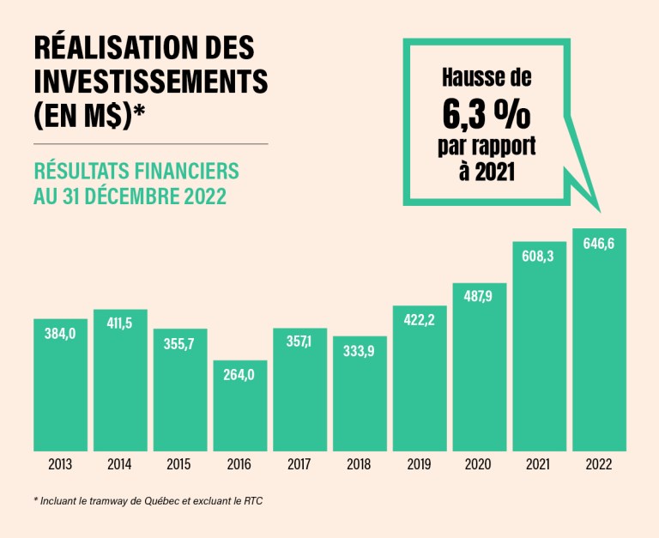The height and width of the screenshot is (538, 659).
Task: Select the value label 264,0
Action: tap(239, 373)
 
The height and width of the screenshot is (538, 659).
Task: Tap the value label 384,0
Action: tap(60, 332)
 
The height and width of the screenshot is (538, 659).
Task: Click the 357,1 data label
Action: tap(299, 342)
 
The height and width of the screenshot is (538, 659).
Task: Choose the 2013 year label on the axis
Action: tap(60, 465)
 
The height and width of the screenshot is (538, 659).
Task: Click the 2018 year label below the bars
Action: tap(359, 465)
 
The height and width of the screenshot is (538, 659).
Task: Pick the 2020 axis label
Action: tap(479, 465)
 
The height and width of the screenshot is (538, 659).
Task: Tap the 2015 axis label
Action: tap(179, 465)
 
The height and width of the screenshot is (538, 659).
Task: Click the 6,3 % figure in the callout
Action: tap(487, 112)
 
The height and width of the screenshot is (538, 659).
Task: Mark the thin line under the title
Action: tap(150, 143)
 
